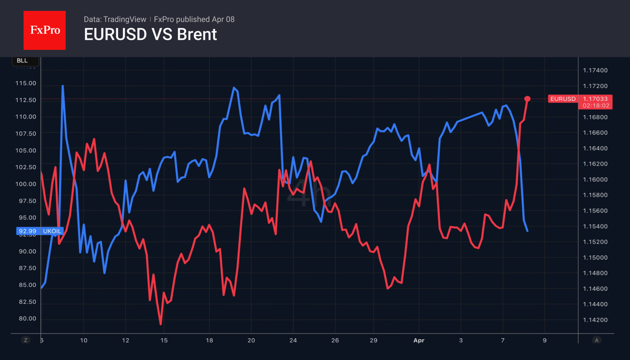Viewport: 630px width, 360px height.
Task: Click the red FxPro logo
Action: tap(44, 30)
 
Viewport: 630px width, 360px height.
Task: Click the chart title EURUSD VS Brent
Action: tap(150, 35)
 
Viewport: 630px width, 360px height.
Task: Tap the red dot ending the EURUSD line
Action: tap(527, 99)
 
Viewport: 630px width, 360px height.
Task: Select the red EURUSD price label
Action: tap(562, 99)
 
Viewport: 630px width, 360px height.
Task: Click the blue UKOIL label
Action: tap(52, 231)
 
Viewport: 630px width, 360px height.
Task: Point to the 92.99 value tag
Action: tap(27, 231)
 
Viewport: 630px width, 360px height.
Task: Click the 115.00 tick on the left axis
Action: tap(26, 83)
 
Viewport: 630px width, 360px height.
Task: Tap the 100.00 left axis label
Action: tap(26, 184)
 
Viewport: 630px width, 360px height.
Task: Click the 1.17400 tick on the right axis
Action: tap(595, 70)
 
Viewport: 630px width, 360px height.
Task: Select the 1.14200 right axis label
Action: tap(595, 320)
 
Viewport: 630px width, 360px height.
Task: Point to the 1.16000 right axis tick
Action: tap(595, 180)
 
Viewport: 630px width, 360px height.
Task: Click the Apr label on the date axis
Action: tap(418, 340)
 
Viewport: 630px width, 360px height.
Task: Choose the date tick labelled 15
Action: tap(164, 340)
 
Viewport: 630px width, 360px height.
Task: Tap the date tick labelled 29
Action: tap(374, 340)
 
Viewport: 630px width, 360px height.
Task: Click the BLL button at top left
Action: tap(22, 61)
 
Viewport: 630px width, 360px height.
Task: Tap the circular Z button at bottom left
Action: tap(26, 340)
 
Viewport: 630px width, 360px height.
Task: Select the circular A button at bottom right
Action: tap(596, 340)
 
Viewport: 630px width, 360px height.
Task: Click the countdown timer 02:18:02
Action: tap(596, 106)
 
